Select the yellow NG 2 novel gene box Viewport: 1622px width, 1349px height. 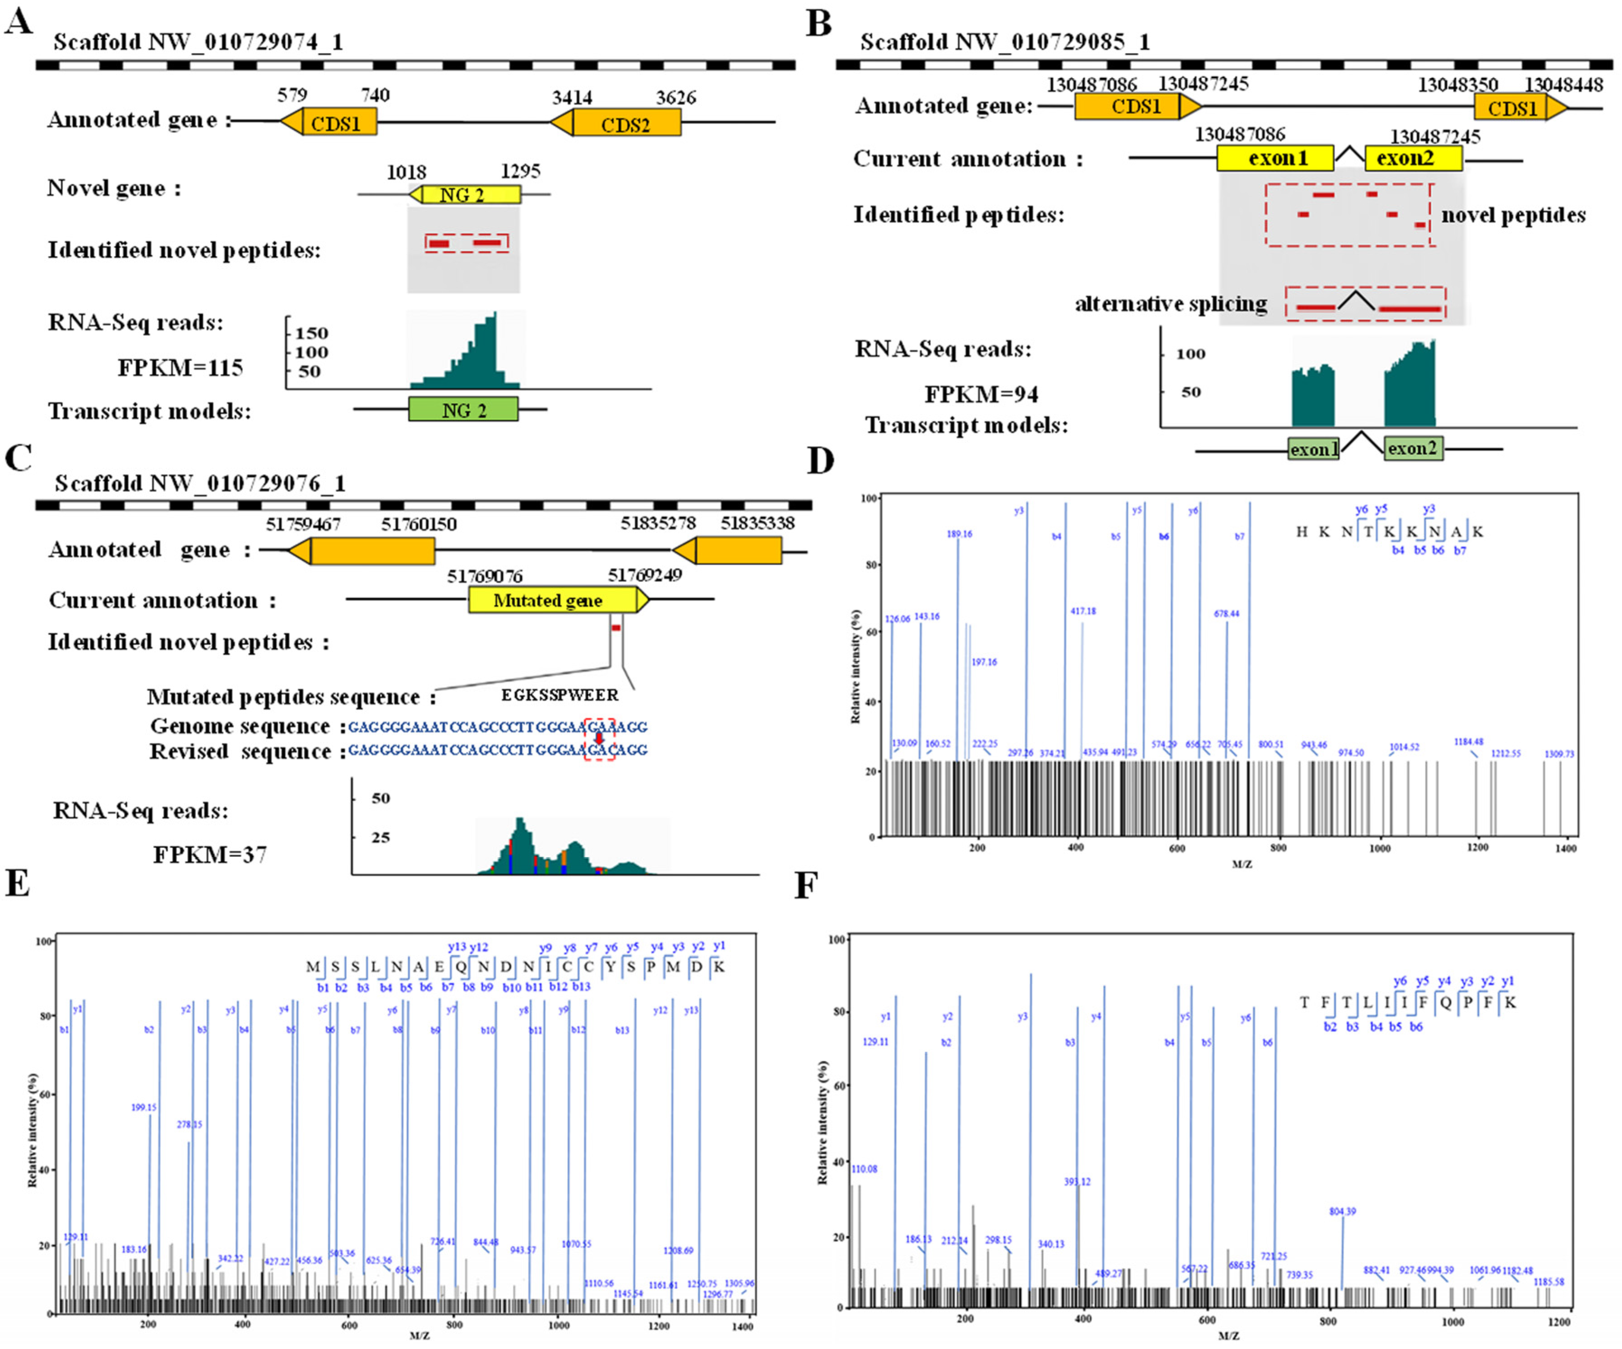pyautogui.click(x=463, y=195)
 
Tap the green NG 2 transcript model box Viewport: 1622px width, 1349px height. pyautogui.click(x=463, y=410)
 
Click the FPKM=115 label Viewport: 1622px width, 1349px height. pyautogui.click(x=180, y=367)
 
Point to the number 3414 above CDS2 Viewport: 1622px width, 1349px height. pyautogui.click(x=572, y=97)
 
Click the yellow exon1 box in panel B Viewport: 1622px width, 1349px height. pyautogui.click(x=1276, y=158)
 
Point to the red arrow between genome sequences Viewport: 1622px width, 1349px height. pyautogui.click(x=599, y=738)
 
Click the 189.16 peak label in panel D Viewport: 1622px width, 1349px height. pyautogui.click(x=959, y=534)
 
